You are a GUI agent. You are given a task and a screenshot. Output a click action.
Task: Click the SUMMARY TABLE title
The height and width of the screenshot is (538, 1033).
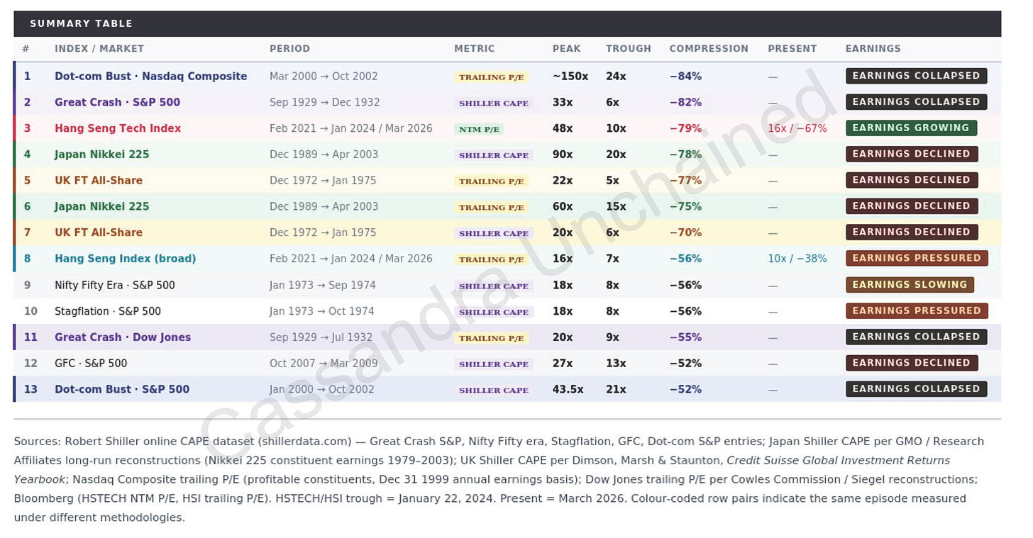click(x=81, y=23)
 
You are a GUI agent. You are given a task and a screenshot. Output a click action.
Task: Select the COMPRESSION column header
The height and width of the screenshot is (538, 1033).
click(x=708, y=49)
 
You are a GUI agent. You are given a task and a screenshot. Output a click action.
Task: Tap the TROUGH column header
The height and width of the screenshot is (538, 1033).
click(x=628, y=49)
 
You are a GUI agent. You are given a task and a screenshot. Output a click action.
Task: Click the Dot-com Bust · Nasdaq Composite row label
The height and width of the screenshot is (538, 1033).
click(x=150, y=76)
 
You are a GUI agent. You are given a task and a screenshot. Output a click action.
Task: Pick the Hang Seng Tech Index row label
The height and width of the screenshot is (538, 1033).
click(x=118, y=128)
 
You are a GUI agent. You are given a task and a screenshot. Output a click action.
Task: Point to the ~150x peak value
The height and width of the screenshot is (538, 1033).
click(x=570, y=76)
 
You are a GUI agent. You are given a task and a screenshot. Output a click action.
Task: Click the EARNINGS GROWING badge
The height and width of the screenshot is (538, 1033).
click(x=910, y=128)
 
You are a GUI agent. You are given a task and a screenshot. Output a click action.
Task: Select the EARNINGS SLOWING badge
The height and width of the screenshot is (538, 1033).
click(x=909, y=285)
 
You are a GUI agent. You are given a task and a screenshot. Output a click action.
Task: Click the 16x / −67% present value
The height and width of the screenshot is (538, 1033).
click(x=797, y=128)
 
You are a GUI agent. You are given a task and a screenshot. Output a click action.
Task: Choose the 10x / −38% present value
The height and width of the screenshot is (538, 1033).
click(x=797, y=259)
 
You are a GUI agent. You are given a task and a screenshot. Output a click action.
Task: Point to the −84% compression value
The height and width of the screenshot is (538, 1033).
click(x=685, y=76)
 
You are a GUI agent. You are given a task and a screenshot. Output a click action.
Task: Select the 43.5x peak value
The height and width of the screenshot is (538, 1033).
click(x=568, y=389)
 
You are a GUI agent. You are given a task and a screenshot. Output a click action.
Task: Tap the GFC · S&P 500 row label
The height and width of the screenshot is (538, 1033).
click(x=91, y=363)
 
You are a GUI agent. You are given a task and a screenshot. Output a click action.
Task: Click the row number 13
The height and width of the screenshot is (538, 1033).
click(x=31, y=389)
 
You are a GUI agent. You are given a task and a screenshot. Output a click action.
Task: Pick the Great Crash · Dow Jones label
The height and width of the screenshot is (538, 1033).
click(x=123, y=337)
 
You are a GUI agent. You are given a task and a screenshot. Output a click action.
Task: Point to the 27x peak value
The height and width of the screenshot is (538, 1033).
click(x=563, y=363)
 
